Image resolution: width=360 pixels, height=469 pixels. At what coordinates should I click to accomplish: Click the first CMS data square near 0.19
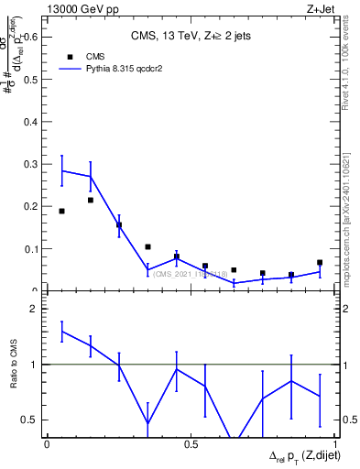coord(61,211)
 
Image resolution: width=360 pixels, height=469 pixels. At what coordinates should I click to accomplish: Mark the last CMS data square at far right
coord(320,263)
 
